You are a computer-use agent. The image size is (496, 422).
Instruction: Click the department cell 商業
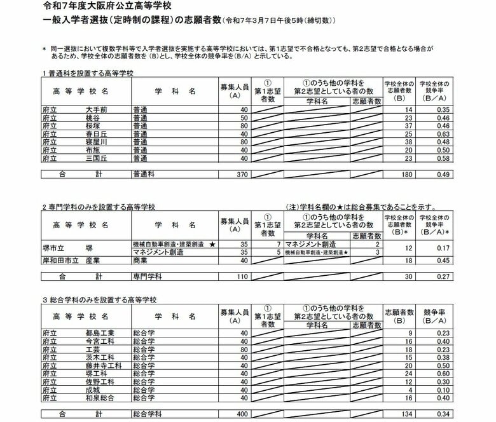(141, 261)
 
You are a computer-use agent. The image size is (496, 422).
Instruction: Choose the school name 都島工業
(100, 332)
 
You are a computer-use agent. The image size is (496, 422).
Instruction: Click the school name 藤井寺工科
(103, 365)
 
